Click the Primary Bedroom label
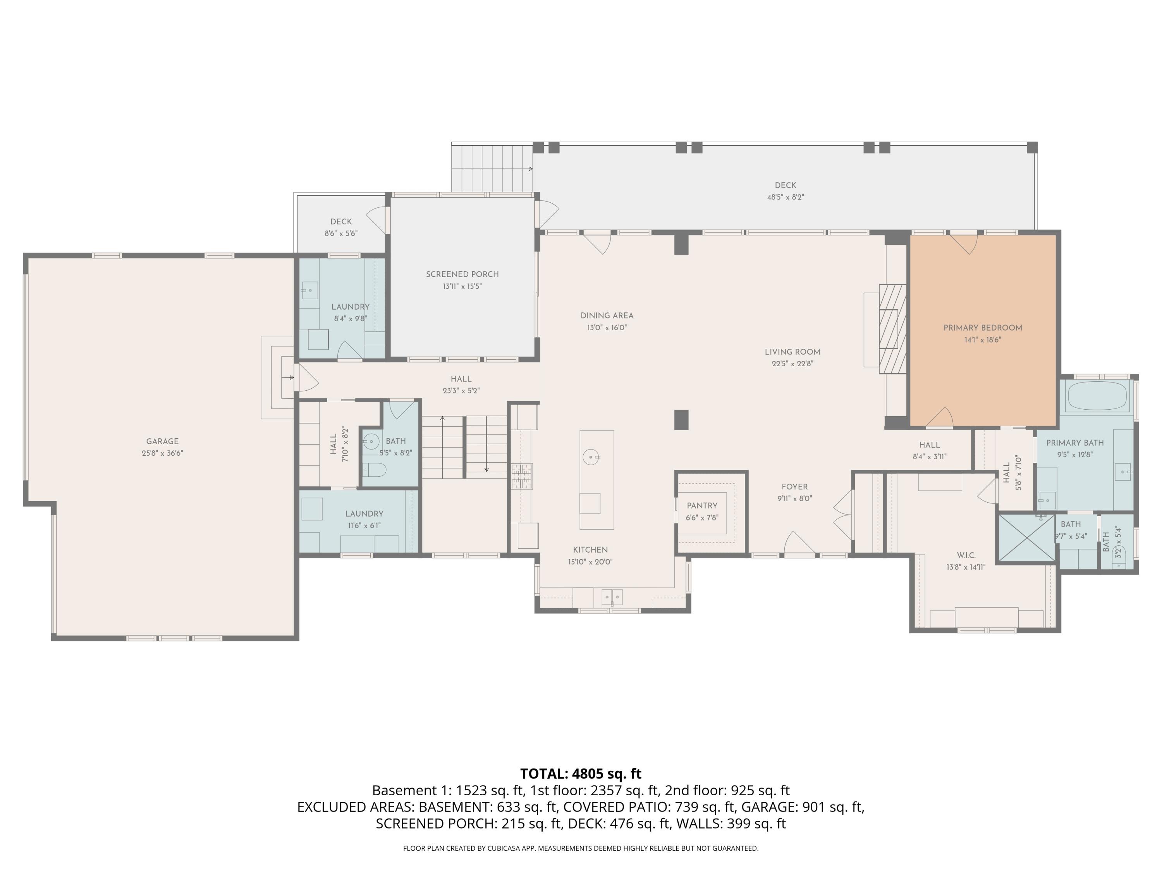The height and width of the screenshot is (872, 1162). point(982,328)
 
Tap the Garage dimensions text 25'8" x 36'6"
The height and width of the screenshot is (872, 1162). point(162,453)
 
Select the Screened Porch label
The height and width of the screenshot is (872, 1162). point(462,274)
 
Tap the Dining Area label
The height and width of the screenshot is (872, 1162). point(607,316)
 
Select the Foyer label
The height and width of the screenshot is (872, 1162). point(794,487)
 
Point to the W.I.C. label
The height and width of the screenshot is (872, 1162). point(966,555)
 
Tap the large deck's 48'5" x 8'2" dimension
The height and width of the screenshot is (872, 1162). point(786,197)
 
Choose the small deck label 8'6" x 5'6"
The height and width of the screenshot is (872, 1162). point(341,233)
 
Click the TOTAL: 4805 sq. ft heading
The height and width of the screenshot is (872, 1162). point(581,774)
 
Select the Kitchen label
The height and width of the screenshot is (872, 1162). point(590,550)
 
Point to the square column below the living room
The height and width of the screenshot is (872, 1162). point(681,419)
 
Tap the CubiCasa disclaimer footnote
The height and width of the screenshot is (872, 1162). point(581,848)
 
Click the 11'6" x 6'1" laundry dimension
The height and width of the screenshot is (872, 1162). point(364,526)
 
